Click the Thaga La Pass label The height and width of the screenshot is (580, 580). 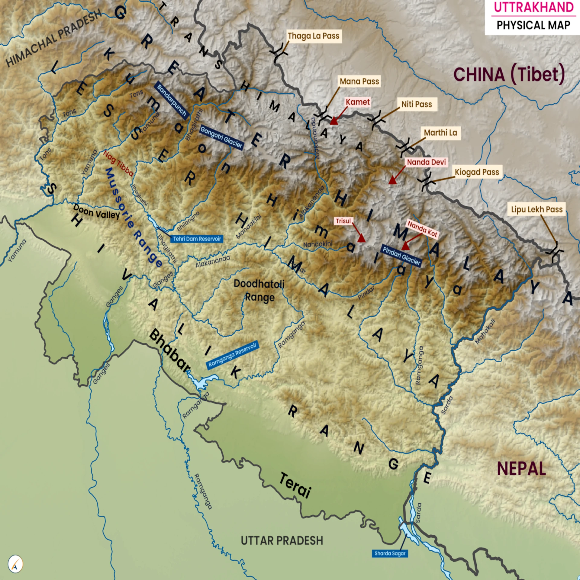tap(313, 36)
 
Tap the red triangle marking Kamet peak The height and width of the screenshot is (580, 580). tap(333, 121)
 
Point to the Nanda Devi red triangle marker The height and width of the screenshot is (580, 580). tap(392, 181)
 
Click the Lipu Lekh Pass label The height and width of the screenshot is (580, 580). tap(536, 209)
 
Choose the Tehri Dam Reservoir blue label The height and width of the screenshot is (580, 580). tap(197, 239)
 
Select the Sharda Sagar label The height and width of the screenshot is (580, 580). tap(390, 553)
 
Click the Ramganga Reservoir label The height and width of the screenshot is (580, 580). tap(232, 355)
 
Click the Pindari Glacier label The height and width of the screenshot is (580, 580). tap(401, 256)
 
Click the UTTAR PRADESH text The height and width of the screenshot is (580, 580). tap(282, 540)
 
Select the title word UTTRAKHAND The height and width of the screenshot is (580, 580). tap(533, 7)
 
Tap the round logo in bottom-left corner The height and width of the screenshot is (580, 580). tap(15, 564)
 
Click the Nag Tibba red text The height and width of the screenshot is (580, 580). tap(118, 163)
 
